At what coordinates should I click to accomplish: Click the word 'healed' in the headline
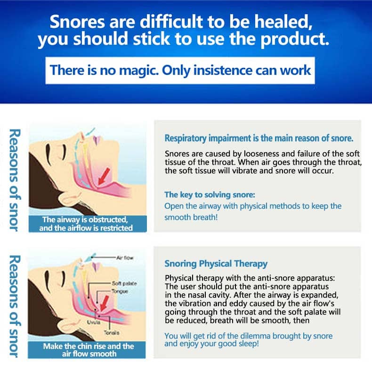(283, 22)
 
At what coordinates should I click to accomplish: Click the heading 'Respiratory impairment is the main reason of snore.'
(259, 138)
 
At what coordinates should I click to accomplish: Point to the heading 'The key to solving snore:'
(210, 195)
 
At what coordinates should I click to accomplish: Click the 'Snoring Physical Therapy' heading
(216, 264)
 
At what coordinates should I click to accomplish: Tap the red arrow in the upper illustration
(104, 176)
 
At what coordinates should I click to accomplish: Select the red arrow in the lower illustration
(104, 303)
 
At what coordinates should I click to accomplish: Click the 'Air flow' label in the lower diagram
(125, 258)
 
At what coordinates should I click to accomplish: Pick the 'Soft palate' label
(124, 283)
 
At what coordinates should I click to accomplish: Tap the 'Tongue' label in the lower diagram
(120, 291)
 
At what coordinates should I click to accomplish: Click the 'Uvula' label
(94, 322)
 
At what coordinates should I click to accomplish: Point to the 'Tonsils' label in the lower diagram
(112, 332)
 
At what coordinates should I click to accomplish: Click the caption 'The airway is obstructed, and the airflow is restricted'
(86, 224)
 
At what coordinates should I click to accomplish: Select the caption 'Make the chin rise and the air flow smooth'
(89, 350)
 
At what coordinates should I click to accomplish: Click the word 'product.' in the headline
(295, 40)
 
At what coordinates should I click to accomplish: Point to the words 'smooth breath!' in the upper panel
(191, 218)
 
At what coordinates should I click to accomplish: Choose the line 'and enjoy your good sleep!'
(211, 344)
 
